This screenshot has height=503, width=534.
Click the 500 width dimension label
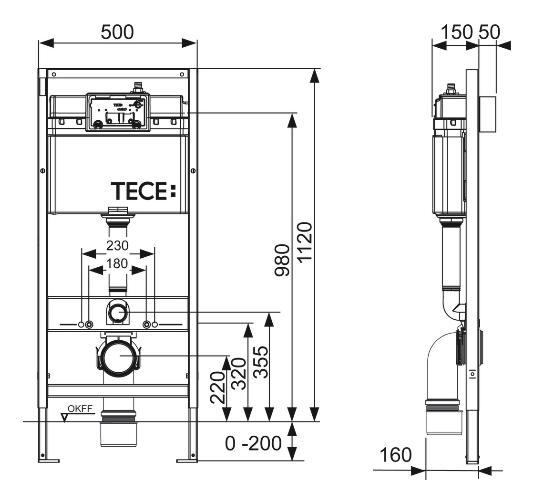coord(117,32)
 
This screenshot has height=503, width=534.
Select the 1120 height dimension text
coord(304,241)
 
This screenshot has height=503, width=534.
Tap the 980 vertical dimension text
coord(282,260)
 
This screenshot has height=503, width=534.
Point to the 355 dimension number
coord(260,362)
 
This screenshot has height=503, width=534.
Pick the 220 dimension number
coord(217,388)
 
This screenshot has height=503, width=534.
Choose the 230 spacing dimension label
coord(117,245)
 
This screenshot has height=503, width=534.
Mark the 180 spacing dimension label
coord(117,263)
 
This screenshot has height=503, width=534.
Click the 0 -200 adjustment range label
coord(253,443)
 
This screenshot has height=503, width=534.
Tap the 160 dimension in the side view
coord(395,455)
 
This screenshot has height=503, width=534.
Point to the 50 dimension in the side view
coord(490,32)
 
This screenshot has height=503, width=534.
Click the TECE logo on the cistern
coord(144,190)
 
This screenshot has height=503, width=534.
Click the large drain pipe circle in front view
coord(117,356)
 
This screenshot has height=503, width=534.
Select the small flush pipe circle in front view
coord(117,313)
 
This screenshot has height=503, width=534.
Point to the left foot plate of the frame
coord(49,460)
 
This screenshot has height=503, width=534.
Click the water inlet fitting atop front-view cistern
coord(139,88)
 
